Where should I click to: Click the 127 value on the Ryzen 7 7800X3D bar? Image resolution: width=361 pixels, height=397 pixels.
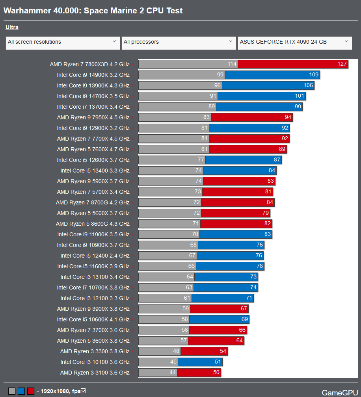coord(342,64)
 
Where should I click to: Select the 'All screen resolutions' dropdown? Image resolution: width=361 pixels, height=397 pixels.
coord(63,42)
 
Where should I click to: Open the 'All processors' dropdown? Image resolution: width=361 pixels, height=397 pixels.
coord(179,42)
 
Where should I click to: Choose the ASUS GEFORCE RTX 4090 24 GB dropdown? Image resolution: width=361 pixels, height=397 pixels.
coord(294,42)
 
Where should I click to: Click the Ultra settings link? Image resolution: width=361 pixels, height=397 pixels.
coord(12,28)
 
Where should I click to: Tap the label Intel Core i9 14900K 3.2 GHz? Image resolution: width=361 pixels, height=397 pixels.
coord(93,75)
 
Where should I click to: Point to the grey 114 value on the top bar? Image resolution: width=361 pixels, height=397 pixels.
coord(232,64)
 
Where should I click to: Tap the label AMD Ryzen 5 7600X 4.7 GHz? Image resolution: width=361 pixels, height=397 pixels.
coord(93,149)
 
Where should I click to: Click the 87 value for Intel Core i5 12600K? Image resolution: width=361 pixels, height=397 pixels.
coord(277,160)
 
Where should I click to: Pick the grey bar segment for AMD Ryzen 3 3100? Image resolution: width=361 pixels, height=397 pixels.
coord(158,373)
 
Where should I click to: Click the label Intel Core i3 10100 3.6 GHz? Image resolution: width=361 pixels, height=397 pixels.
coord(95,362)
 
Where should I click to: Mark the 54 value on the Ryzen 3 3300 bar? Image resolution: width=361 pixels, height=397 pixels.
coord(223,351)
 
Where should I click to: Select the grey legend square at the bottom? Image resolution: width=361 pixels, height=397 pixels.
coord(12,391)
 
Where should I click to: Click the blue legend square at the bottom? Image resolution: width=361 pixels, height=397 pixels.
coord(21,391)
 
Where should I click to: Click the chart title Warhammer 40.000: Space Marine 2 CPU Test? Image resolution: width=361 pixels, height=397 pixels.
coord(93,11)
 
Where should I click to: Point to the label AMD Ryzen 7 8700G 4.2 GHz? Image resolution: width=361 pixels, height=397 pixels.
coord(93,202)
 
